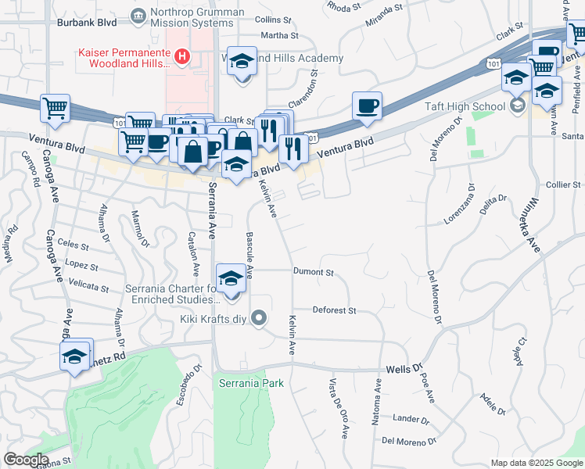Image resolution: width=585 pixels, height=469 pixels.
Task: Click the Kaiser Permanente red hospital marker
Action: click(x=182, y=56)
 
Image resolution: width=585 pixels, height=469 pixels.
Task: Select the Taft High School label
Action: click(x=476, y=106)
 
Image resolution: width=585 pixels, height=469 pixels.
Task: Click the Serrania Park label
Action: click(x=250, y=384)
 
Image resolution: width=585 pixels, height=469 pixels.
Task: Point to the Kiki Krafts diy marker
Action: click(x=261, y=317)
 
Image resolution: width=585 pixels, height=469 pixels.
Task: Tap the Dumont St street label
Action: click(x=314, y=273)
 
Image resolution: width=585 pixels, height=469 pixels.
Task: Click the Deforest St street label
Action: click(x=334, y=310)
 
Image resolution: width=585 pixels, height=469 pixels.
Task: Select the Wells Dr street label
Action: click(x=404, y=367)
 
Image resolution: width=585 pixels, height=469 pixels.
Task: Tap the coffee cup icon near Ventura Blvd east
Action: click(x=366, y=107)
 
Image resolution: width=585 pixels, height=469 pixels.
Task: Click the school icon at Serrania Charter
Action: click(x=231, y=280)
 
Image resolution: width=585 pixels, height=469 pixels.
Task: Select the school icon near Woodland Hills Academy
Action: click(x=242, y=62)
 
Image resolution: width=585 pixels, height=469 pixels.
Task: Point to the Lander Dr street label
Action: click(x=411, y=420)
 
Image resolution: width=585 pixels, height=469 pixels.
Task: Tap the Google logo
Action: click(x=26, y=460)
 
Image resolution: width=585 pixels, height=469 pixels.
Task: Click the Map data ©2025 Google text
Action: click(x=536, y=463)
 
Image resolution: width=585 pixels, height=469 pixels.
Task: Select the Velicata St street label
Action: click(x=88, y=287)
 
